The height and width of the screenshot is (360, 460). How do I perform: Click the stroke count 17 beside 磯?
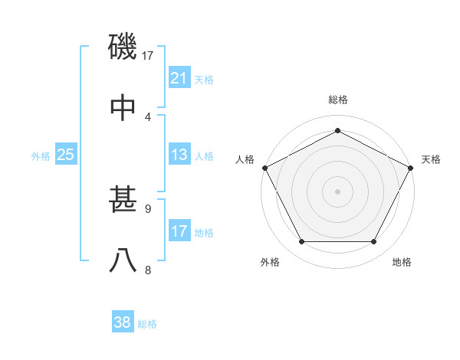click(x=148, y=55)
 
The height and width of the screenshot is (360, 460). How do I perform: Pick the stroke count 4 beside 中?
click(x=148, y=116)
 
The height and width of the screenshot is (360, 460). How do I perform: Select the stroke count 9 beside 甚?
click(x=148, y=208)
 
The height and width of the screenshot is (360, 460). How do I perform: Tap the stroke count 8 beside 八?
click(x=148, y=270)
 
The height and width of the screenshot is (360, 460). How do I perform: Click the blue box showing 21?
click(x=179, y=77)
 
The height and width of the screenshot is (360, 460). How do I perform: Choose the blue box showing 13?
click(x=179, y=155)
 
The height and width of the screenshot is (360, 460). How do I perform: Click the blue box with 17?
click(x=179, y=231)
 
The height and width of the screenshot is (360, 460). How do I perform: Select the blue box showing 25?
click(x=65, y=155)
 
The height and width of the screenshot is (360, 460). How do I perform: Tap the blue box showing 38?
click(x=123, y=322)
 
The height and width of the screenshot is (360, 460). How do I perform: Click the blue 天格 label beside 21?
click(x=204, y=79)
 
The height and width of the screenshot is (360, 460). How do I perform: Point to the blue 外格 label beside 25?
click(x=41, y=156)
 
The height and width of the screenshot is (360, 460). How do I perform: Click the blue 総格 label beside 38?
click(x=147, y=324)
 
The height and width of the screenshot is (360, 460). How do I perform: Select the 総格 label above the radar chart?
click(x=338, y=100)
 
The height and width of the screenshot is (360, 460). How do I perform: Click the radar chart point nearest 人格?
click(x=264, y=167)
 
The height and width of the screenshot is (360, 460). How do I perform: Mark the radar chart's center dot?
click(x=338, y=191)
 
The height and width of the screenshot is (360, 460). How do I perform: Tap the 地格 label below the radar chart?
click(x=402, y=263)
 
